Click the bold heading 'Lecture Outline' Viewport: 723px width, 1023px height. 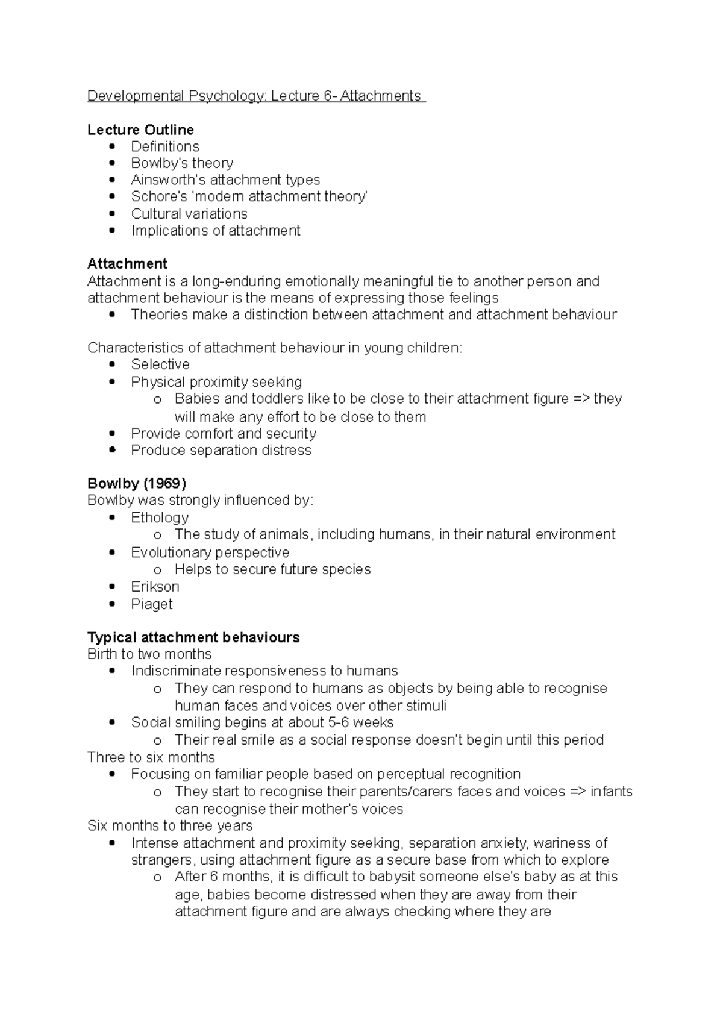pyautogui.click(x=140, y=130)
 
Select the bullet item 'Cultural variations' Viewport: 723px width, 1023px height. pyautogui.click(x=189, y=214)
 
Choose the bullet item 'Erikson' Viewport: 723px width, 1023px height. pyautogui.click(x=155, y=586)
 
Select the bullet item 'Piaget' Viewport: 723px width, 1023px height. pyautogui.click(x=152, y=604)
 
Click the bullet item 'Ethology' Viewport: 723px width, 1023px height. pyautogui.click(x=160, y=518)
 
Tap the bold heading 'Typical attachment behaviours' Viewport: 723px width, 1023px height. pyautogui.click(x=193, y=637)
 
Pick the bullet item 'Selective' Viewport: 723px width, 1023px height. pyautogui.click(x=160, y=364)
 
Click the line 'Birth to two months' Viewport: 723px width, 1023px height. pyautogui.click(x=149, y=654)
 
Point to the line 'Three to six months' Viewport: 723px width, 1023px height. pyautogui.click(x=151, y=757)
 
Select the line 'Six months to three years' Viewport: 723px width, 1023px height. pyautogui.click(x=170, y=825)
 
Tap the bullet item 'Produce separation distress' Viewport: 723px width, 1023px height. pyautogui.click(x=221, y=450)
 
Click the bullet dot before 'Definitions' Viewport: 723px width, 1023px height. pyautogui.click(x=112, y=146)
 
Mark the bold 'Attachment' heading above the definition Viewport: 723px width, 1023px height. pyautogui.click(x=127, y=264)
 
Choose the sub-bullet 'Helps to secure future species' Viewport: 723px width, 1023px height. pyautogui.click(x=272, y=569)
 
